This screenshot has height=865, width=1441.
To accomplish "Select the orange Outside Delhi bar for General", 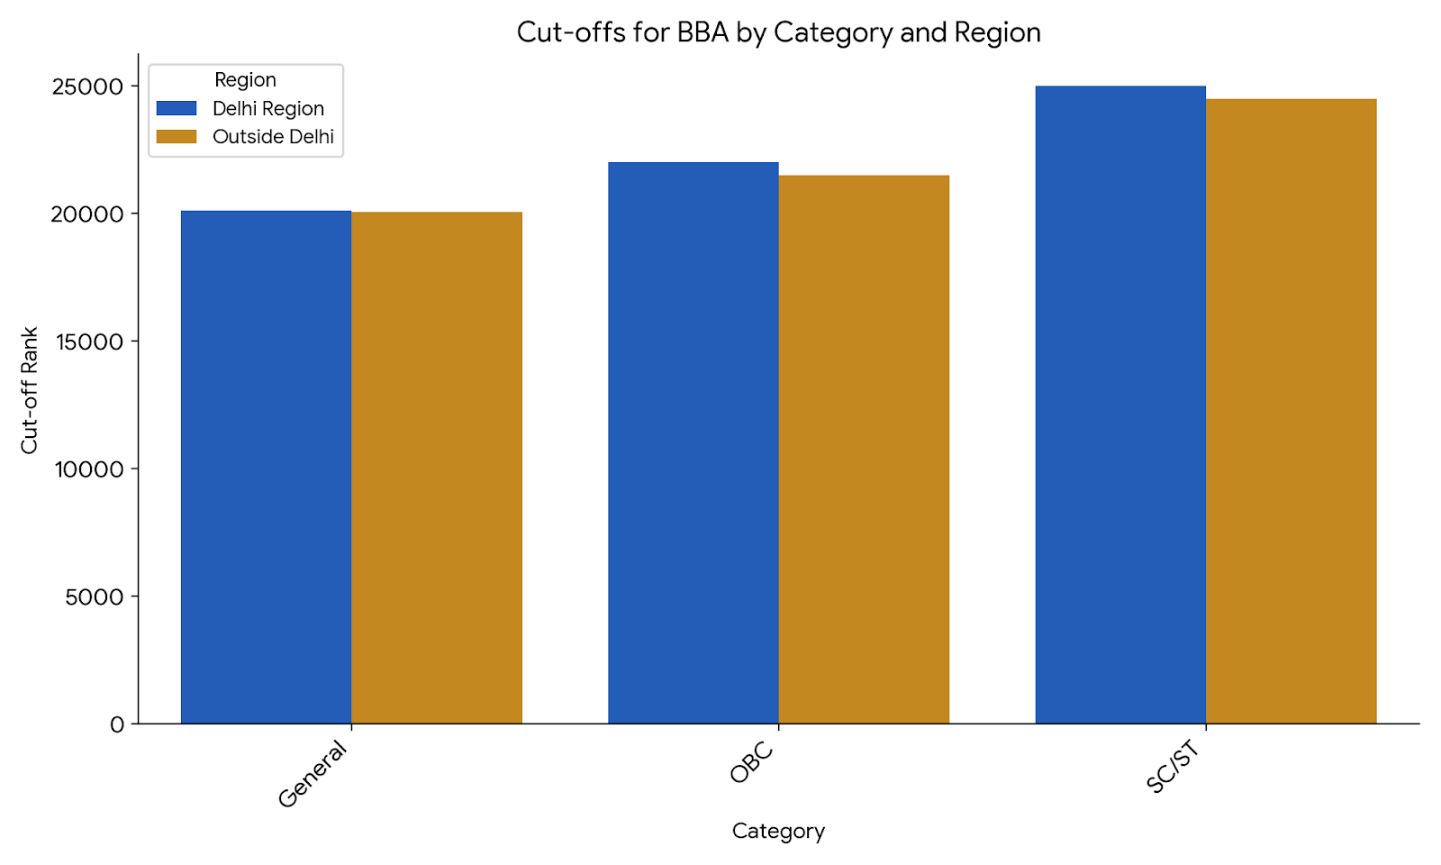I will [x=437, y=468].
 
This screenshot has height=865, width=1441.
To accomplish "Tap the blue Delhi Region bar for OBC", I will [x=693, y=442].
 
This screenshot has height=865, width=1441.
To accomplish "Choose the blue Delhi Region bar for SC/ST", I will [x=1120, y=405].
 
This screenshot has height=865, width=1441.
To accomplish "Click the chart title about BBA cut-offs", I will [x=778, y=32].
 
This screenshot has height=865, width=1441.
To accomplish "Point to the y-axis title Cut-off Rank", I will [x=30, y=390].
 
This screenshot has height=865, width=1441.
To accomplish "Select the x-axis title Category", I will [x=778, y=831].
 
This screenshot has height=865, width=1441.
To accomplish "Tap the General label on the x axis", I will [x=313, y=774].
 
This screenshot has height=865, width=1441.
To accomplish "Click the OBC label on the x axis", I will [x=752, y=762].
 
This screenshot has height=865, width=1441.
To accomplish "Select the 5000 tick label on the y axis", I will [x=95, y=596].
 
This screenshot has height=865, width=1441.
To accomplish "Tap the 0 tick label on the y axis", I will [x=117, y=724].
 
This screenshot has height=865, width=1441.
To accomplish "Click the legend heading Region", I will [x=245, y=80].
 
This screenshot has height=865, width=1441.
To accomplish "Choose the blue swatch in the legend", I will [x=177, y=108].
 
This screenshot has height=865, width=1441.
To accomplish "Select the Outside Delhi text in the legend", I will [x=273, y=137].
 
